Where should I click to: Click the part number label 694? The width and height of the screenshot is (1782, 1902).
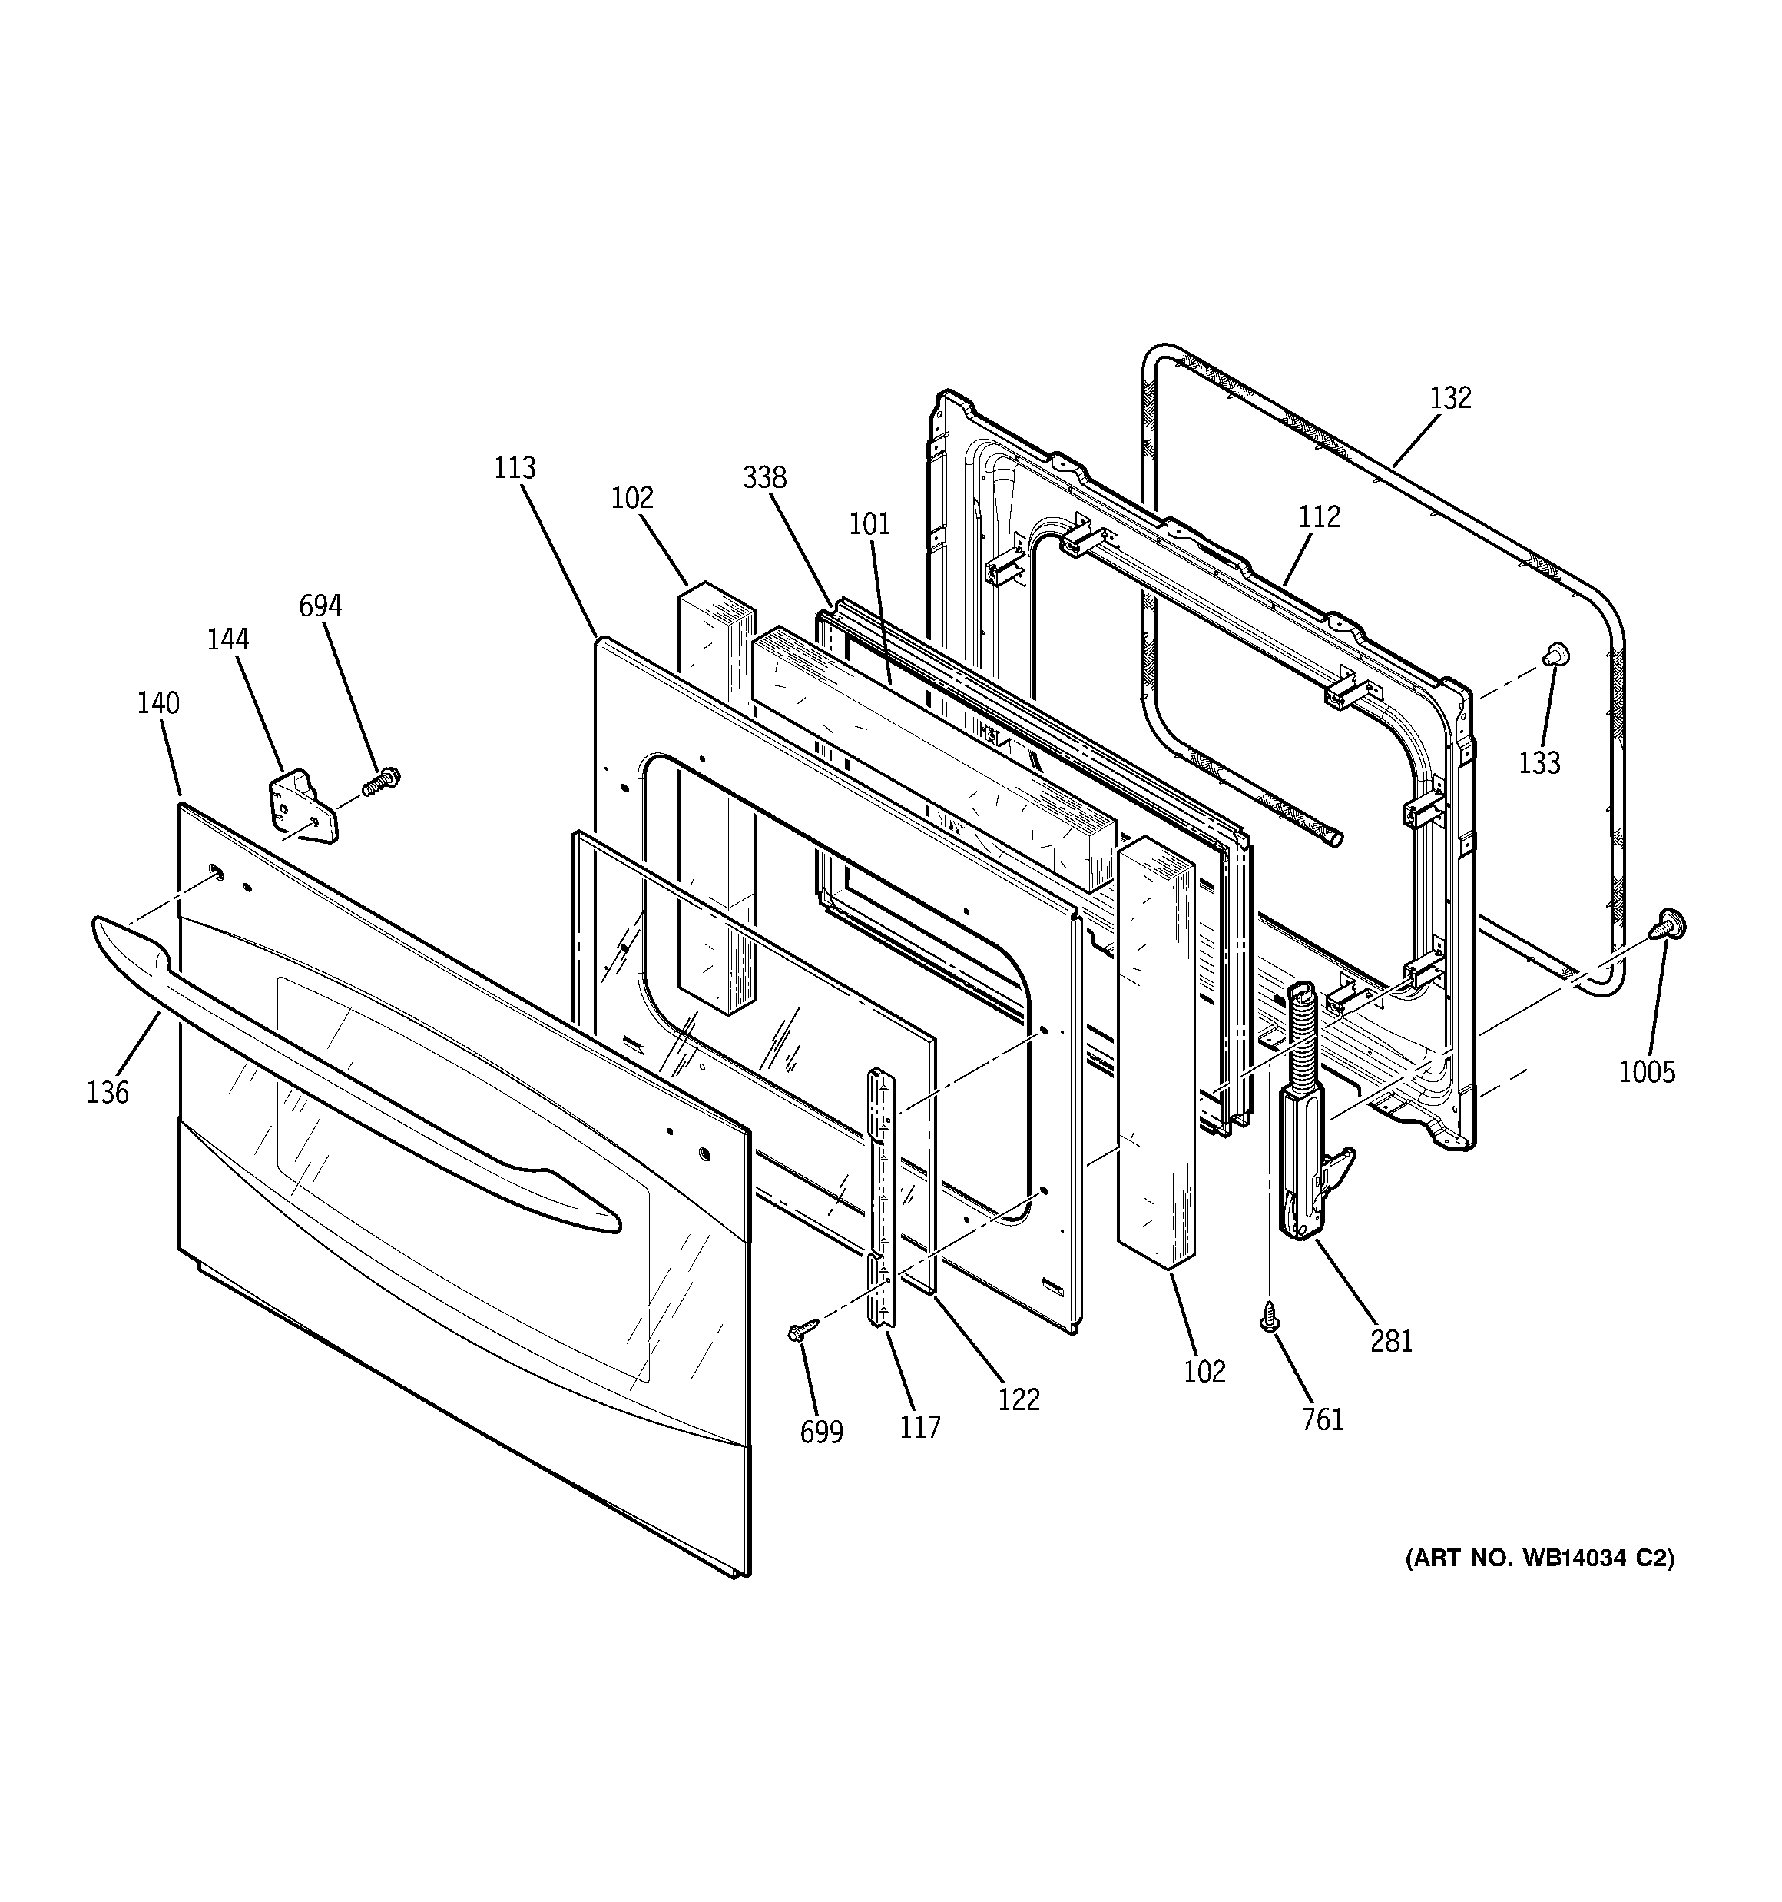320,606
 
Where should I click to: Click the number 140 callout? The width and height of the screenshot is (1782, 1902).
157,703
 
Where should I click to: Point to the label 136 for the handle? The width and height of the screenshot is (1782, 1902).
107,1092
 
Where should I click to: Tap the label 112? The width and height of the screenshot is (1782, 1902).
1319,516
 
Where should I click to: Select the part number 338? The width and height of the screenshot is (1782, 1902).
764,476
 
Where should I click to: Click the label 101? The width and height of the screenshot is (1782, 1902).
869,523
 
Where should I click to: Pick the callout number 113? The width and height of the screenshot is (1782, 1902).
515,468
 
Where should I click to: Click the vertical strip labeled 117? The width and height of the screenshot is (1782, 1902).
880,1196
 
